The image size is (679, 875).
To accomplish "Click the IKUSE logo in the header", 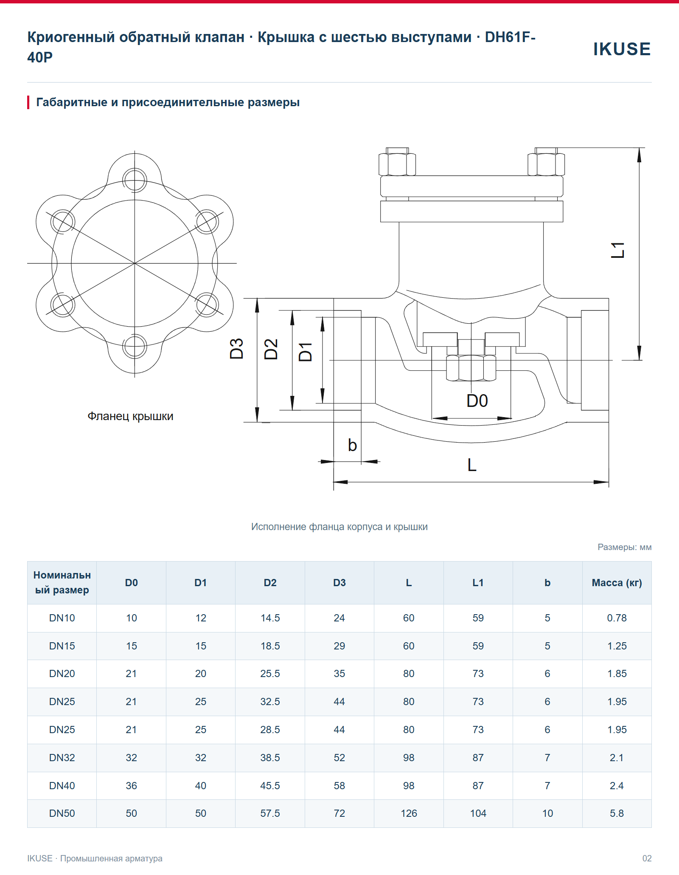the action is click(x=622, y=49).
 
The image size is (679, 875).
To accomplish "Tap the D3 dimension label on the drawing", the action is click(x=236, y=349).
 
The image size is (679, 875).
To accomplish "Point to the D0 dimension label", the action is click(x=477, y=401).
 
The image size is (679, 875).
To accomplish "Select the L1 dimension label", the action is click(x=617, y=250).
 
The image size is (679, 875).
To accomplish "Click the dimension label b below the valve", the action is click(x=352, y=445).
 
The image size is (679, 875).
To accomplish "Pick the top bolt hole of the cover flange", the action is click(x=135, y=180).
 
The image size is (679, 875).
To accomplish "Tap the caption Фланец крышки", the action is click(x=130, y=416).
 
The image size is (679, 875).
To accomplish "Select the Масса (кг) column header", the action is click(x=617, y=583).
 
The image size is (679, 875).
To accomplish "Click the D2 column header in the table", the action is click(x=270, y=583).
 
